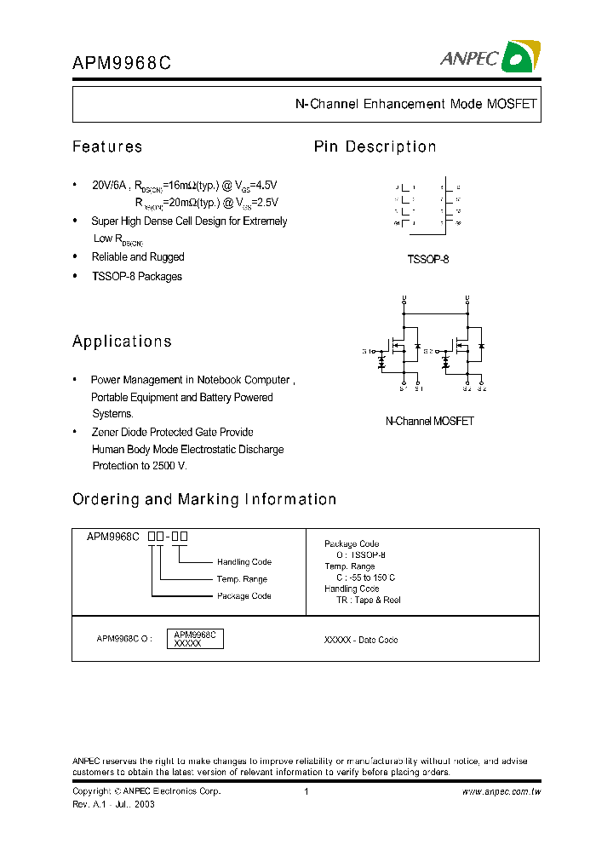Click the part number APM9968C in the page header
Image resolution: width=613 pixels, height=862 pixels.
122,62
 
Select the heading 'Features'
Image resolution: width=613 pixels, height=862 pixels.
107,147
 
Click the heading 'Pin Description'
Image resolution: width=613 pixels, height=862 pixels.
375,147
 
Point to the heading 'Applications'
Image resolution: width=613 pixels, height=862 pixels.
122,342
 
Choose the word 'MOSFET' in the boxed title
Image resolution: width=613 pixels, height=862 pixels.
512,104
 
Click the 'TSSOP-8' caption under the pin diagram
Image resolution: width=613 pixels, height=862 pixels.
428,259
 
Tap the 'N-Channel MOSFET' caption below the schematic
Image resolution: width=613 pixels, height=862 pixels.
429,421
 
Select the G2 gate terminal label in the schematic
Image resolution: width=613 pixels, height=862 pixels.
428,351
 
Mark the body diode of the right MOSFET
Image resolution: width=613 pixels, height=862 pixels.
481,347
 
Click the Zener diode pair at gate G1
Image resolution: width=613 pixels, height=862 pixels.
381,362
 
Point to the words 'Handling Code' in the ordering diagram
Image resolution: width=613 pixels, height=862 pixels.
243,562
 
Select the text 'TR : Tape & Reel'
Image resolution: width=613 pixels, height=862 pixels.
368,600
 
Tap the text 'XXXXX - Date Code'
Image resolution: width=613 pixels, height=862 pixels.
361,640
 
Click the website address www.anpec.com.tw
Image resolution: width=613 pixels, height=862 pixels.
501,791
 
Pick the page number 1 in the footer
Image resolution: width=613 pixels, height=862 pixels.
306,791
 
